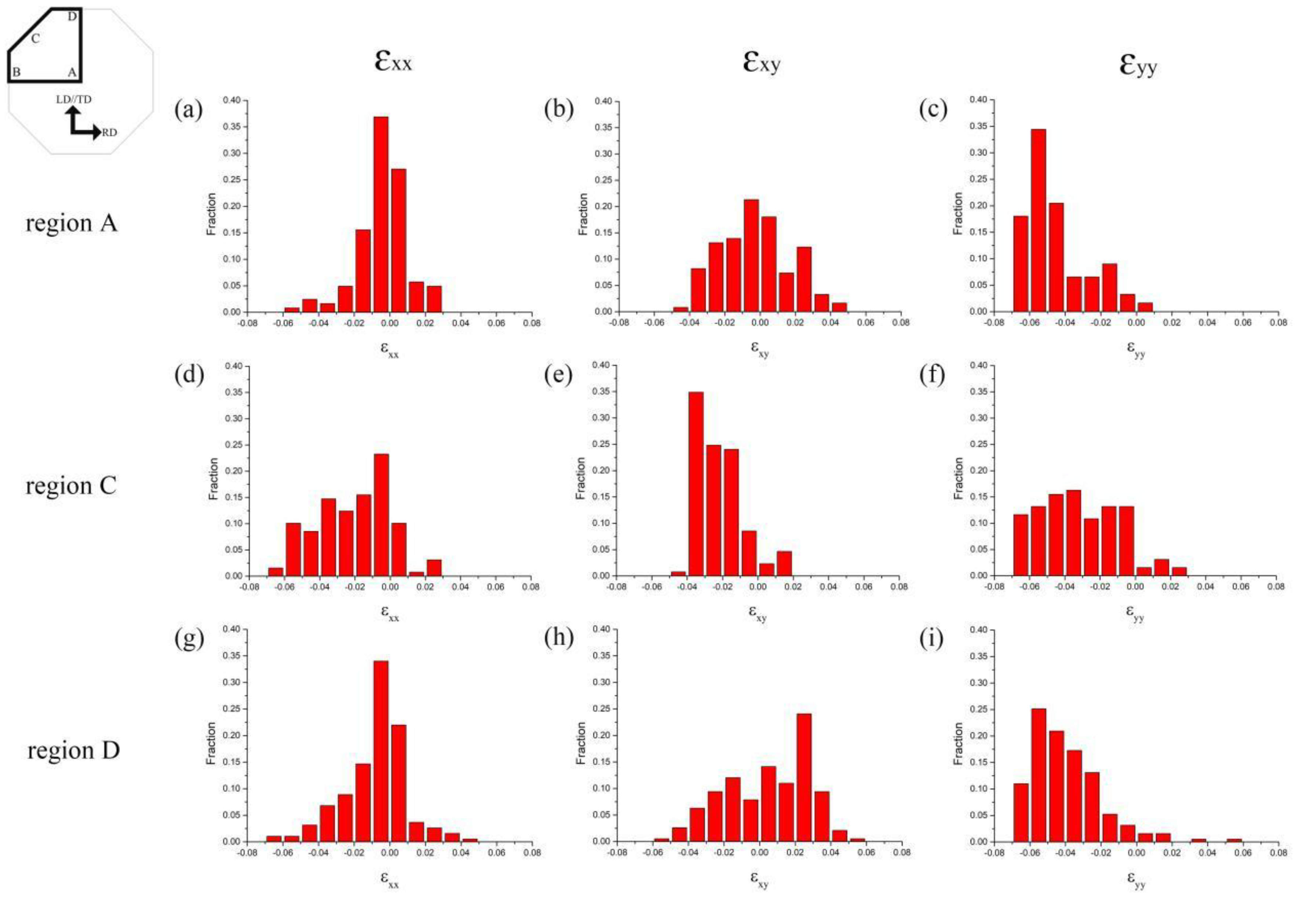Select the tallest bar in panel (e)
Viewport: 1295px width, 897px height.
pyautogui.click(x=696, y=483)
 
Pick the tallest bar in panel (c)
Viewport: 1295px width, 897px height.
pyautogui.click(x=1038, y=220)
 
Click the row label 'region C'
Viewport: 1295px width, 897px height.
pyautogui.click(x=71, y=486)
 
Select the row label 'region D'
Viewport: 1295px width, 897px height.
pyautogui.click(x=74, y=750)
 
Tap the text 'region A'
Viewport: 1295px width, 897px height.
pyautogui.click(x=71, y=223)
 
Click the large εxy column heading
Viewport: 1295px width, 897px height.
pyautogui.click(x=761, y=62)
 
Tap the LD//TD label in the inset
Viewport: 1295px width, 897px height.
pyautogui.click(x=74, y=99)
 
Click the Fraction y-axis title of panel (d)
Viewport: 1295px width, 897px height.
pyautogui.click(x=213, y=479)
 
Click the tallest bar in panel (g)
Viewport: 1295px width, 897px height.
pyautogui.click(x=380, y=751)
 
